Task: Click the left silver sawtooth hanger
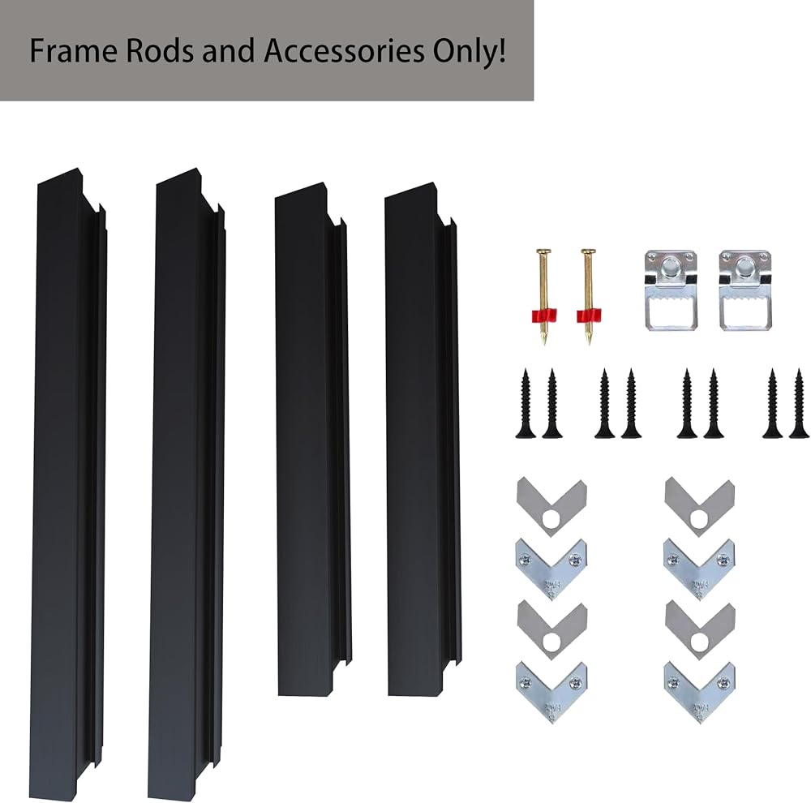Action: click(x=671, y=290)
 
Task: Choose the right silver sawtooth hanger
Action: click(x=745, y=290)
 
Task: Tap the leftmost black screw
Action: click(x=525, y=403)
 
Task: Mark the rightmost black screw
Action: click(x=799, y=403)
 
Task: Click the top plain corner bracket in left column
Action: click(x=551, y=504)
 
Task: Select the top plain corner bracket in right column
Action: click(x=699, y=504)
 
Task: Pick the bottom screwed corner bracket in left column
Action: click(x=551, y=691)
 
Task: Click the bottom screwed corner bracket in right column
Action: click(x=699, y=691)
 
